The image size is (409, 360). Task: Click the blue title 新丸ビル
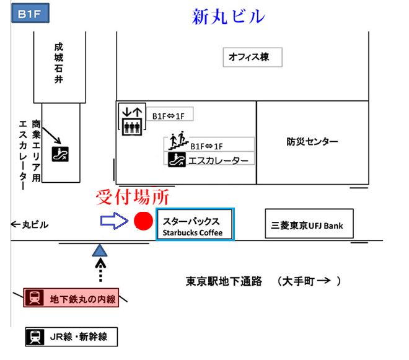tap(229, 15)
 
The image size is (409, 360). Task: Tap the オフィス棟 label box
tap(252, 58)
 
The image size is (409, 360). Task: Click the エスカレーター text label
tap(219, 160)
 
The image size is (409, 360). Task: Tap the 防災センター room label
tap(312, 142)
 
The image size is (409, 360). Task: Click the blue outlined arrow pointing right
tap(114, 221)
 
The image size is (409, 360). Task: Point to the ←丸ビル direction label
tap(30, 224)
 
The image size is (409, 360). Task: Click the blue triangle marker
tap(99, 250)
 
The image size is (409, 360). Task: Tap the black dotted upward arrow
tap(99, 271)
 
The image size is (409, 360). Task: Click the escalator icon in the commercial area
tap(60, 152)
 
